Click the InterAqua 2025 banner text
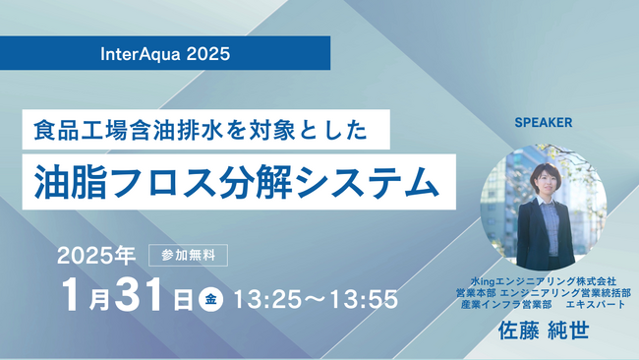coord(165,53)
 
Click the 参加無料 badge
coord(188,253)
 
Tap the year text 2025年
coord(95,255)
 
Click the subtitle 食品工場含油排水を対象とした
coord(197,128)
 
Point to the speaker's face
coord(541,179)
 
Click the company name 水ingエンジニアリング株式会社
coord(543,279)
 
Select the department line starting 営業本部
coord(543,292)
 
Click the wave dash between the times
coord(314,299)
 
